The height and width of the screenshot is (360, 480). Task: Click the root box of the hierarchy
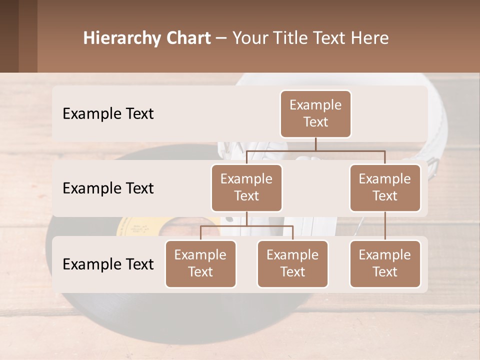315,113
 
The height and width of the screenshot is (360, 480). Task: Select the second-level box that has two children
246,187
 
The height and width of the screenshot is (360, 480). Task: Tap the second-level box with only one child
385,187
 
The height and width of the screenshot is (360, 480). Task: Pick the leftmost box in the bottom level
200,263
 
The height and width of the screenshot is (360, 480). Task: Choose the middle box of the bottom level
292,263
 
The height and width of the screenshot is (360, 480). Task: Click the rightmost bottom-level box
385,263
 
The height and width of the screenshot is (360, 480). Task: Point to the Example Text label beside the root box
108,113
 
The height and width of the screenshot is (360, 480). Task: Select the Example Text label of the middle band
108,188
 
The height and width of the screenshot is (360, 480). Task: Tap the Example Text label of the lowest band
108,264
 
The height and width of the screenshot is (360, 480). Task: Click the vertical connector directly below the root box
315,144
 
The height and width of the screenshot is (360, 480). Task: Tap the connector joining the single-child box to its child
385,226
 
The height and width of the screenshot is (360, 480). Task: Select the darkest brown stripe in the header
9,36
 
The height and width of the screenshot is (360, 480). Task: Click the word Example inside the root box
315,105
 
